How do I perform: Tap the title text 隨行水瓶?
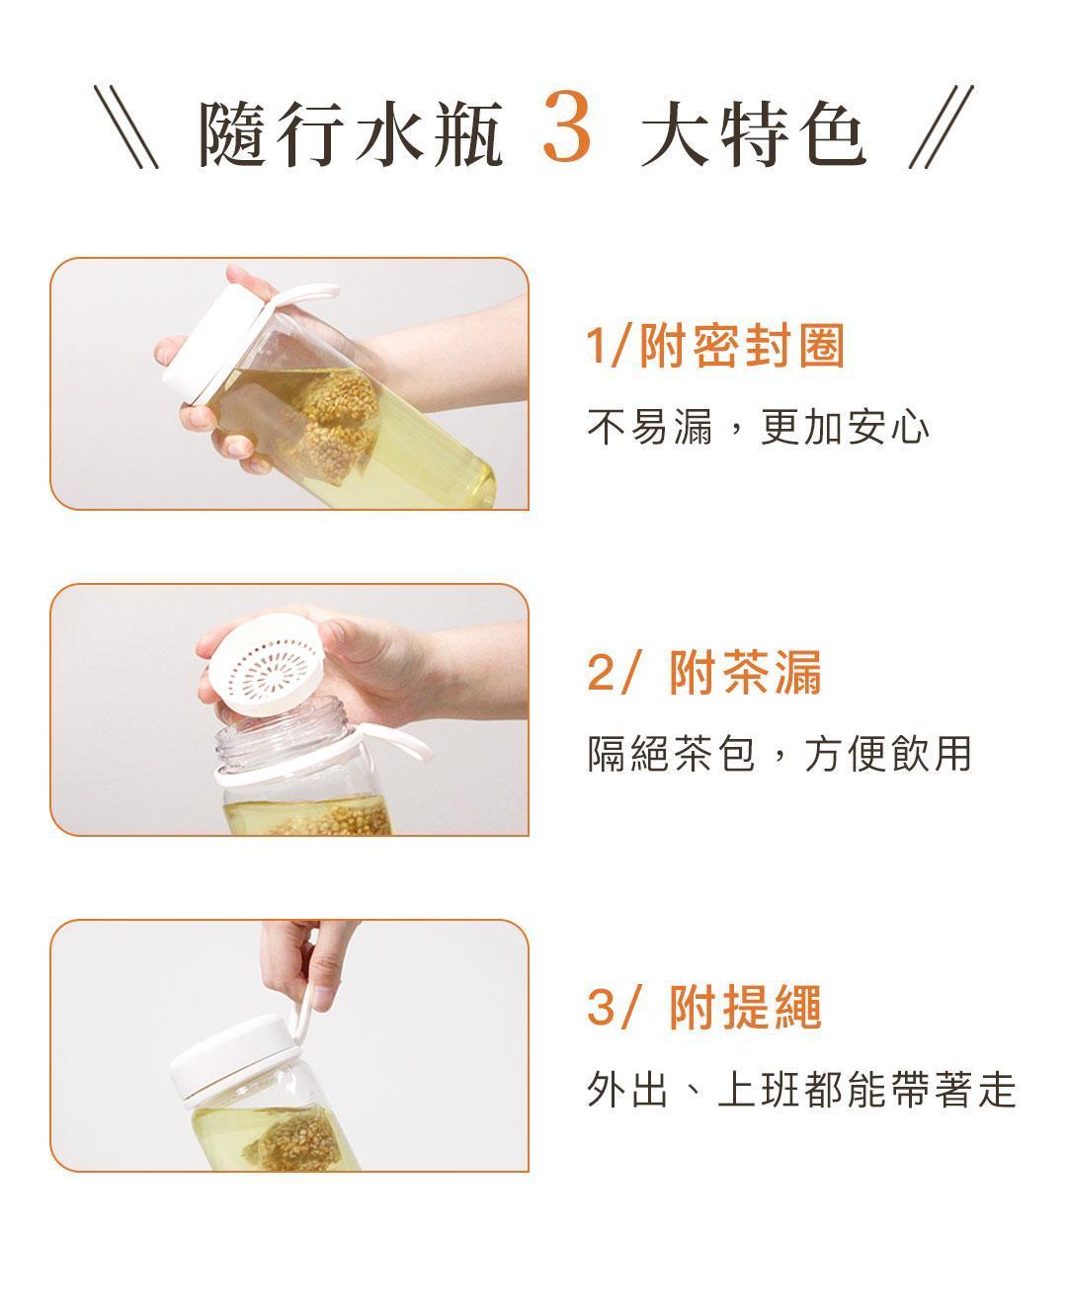[x=350, y=132]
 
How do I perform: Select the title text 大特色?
[x=754, y=132]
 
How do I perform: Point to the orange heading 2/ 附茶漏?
[x=704, y=672]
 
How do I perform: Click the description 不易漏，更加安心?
[x=758, y=427]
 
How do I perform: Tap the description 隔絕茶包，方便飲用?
[x=779, y=754]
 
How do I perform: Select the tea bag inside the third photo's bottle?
[x=293, y=1140]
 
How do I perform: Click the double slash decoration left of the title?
[x=126, y=126]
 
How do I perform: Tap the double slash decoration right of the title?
[x=942, y=126]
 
